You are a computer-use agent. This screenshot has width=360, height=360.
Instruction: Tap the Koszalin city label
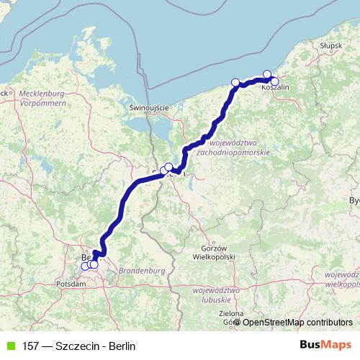click(x=276, y=87)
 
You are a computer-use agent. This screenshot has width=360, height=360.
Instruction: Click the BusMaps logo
click(x=325, y=346)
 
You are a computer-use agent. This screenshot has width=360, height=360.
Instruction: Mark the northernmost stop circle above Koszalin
click(x=267, y=74)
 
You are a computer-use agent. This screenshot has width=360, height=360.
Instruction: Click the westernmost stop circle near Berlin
click(x=85, y=266)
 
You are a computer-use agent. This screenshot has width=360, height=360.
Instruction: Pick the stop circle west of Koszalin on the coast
click(x=235, y=82)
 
